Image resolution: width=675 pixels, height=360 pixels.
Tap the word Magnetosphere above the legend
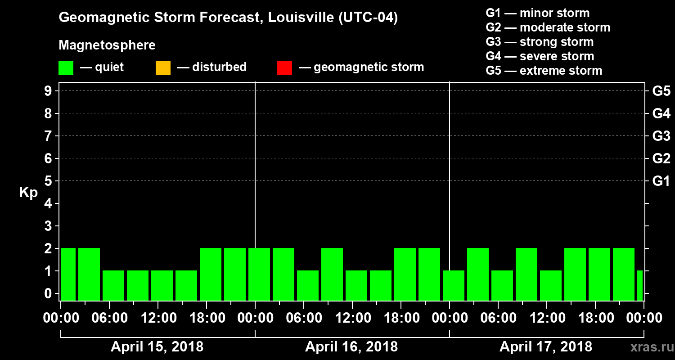[x=107, y=45]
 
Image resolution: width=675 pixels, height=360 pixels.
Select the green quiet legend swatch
[x=66, y=68]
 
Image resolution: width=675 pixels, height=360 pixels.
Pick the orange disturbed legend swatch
[x=163, y=68]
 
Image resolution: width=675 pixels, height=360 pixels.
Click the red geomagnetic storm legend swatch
[x=284, y=68]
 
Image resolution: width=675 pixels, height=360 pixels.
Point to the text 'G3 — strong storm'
[x=540, y=42]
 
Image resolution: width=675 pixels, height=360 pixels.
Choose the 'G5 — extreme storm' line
[x=544, y=71]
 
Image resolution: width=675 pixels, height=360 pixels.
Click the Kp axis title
[x=28, y=193]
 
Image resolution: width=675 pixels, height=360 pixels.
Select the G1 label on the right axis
[x=661, y=181]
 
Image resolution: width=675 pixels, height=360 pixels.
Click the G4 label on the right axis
[x=661, y=113]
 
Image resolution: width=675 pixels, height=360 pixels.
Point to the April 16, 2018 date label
[x=351, y=347]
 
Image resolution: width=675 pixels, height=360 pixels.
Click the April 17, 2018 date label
[x=546, y=347]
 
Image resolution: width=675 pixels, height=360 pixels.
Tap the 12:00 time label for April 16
[x=352, y=318]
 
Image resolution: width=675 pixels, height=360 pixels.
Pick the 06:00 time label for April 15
[x=109, y=318]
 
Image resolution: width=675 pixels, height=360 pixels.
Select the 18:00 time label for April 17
[x=595, y=318]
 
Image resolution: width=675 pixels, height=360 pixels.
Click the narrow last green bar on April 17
[x=640, y=285]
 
